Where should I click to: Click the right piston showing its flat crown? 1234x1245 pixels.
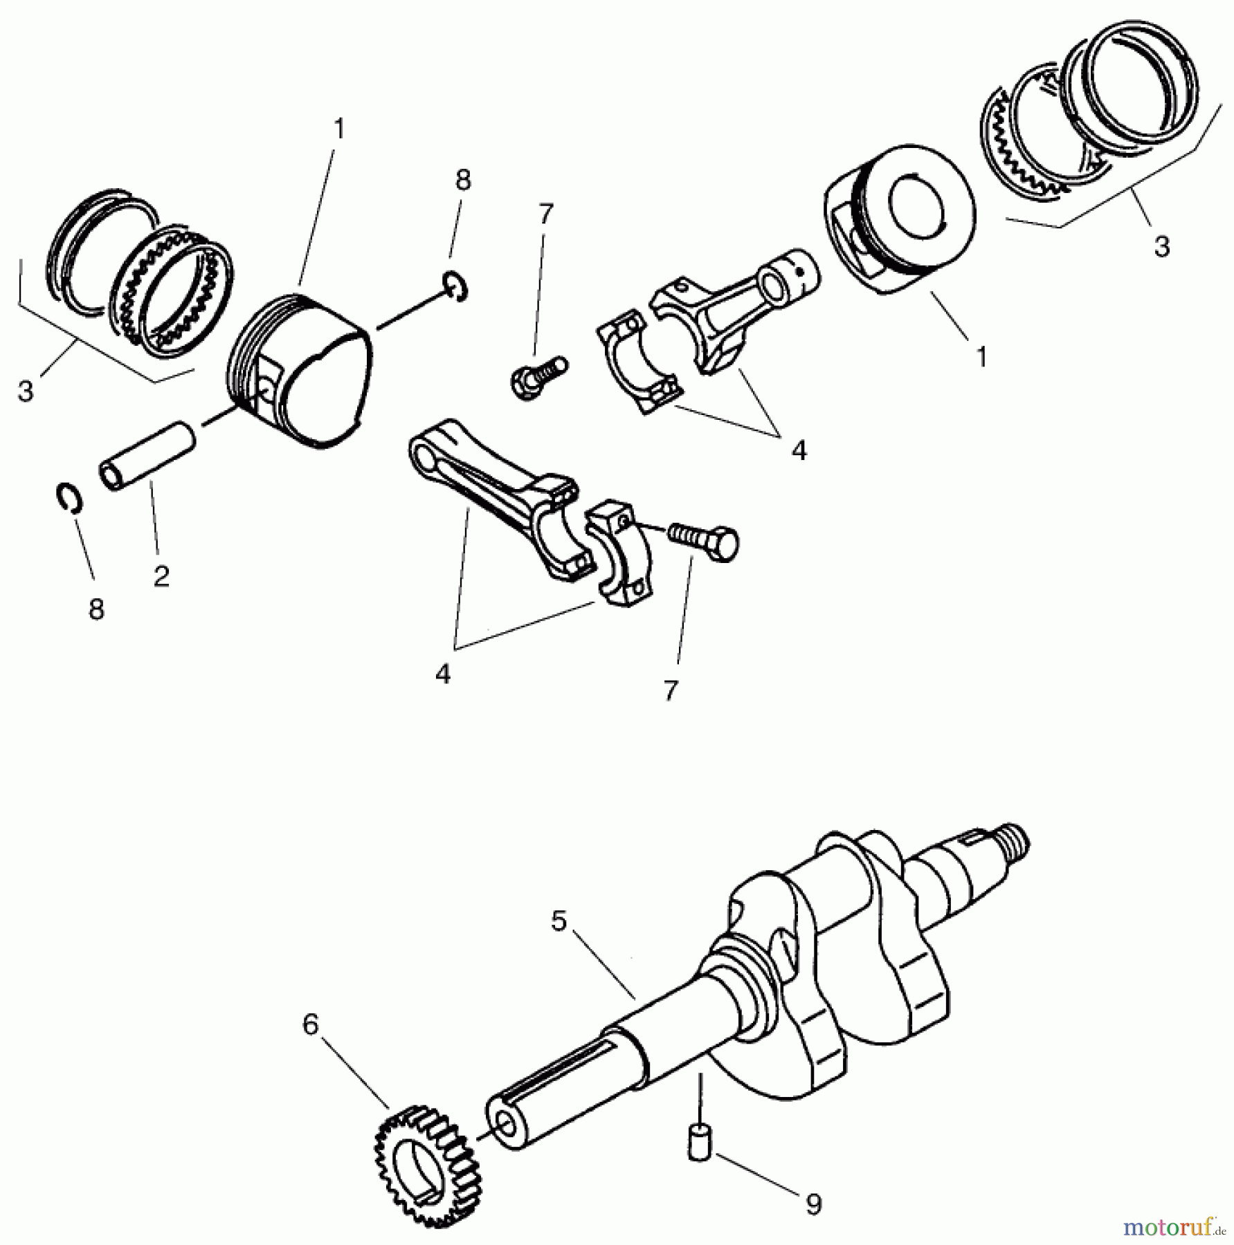[900, 218]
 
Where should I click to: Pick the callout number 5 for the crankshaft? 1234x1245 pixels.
[559, 921]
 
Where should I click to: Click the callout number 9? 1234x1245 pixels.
[814, 1204]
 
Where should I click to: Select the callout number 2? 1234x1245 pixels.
[161, 575]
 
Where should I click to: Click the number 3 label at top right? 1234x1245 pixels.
[1161, 246]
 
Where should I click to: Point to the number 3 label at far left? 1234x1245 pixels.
[26, 391]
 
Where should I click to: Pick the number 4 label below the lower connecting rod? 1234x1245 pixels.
[443, 673]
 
